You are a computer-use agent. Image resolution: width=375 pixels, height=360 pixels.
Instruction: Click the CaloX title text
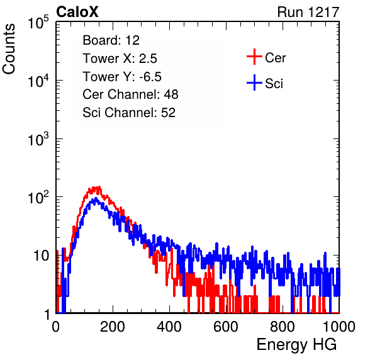coord(77,12)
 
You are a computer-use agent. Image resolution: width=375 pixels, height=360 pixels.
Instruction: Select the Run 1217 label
coord(308,12)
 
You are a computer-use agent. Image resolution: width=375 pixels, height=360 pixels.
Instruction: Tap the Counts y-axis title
coord(9,49)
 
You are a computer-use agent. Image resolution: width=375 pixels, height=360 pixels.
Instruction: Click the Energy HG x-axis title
coord(296,345)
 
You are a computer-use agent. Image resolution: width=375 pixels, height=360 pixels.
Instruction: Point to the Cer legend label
coord(275,58)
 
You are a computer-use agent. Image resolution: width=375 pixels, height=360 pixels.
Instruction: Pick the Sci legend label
coord(274,84)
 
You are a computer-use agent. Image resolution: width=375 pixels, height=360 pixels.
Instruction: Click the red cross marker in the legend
coord(254,57)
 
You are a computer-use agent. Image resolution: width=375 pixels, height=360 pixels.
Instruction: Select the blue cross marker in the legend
coord(254,82)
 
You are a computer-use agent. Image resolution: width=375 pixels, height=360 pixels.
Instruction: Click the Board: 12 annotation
coord(111,40)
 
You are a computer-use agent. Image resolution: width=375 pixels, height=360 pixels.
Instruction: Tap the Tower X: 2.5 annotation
coord(120,59)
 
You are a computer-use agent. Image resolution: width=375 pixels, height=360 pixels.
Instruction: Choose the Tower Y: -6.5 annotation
coord(122,77)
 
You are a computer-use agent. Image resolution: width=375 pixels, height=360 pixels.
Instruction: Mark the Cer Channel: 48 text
coord(130,94)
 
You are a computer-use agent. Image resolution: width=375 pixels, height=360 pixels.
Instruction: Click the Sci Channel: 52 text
coord(129,113)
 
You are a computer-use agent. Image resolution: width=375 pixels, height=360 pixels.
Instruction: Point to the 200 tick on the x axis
coord(113,327)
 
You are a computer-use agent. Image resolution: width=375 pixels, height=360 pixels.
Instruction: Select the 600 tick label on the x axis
coord(226,327)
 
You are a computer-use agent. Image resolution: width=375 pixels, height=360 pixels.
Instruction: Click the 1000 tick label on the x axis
coord(339,327)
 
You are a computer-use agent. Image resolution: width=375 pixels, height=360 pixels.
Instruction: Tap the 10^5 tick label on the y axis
coord(38,23)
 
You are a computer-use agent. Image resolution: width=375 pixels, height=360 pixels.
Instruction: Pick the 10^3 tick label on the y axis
coord(38,139)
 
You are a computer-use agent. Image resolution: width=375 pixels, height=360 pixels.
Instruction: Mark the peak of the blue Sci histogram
coord(96,198)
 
